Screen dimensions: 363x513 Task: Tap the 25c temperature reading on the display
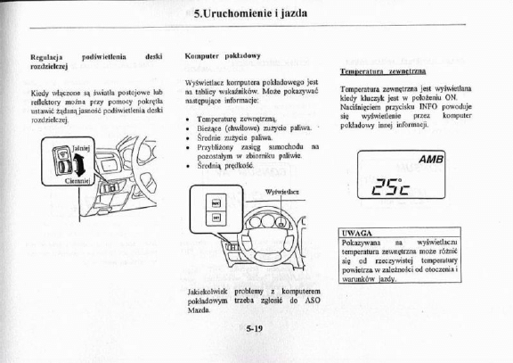point(391,186)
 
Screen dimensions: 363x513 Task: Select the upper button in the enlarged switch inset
point(216,207)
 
